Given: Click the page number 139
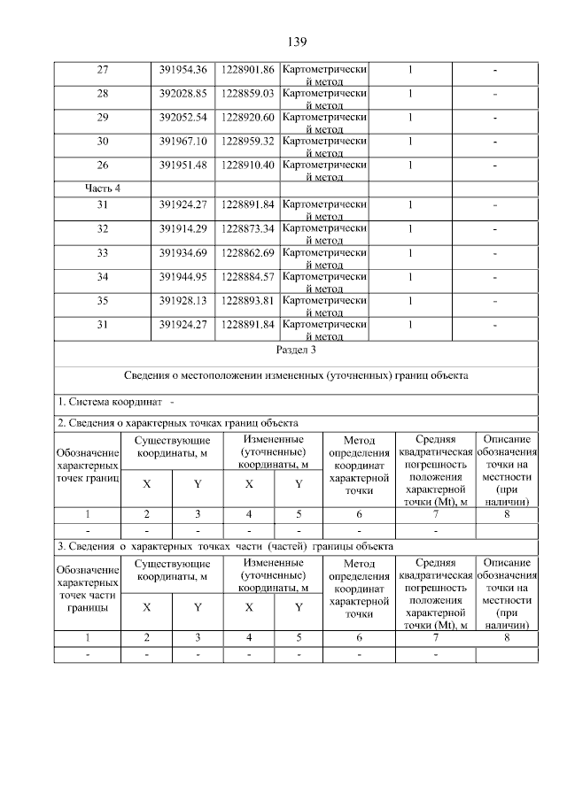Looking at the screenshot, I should pos(296,42).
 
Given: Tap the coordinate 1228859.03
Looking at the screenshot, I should pos(247,93).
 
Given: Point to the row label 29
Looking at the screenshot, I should pos(102,117).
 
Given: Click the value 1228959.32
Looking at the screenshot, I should pos(247,141).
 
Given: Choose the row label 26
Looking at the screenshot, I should pos(102,165).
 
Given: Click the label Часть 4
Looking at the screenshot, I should pos(102,188).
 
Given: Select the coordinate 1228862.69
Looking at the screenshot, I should pos(247,253).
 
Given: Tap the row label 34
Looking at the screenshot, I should pos(102,277).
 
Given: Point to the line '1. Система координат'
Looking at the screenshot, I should pos(116,404).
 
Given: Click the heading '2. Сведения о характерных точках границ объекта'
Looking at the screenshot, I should pos(177,423).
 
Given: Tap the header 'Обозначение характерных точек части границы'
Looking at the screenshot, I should pos(87,589).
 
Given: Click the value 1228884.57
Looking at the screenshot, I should pos(247,277).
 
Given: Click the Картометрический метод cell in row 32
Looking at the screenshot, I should pos(323,234).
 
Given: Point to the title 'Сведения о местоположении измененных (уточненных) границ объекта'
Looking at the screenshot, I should pos(296,376).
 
